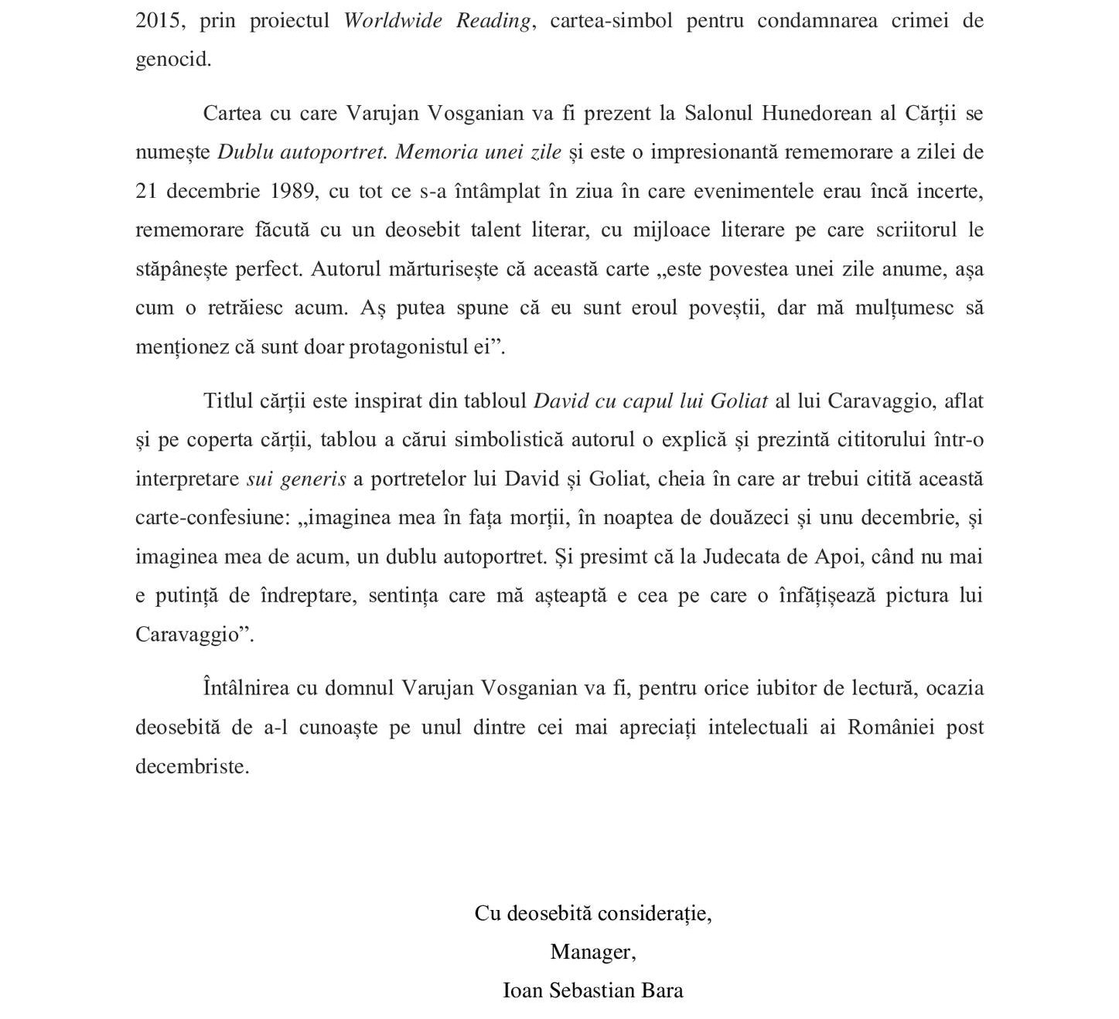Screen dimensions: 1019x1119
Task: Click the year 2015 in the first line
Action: click(161, 21)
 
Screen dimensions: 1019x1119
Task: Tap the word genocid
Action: click(173, 60)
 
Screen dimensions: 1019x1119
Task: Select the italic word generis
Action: click(313, 479)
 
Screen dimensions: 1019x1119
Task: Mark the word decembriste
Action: click(192, 766)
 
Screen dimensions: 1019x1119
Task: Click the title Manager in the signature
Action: click(592, 952)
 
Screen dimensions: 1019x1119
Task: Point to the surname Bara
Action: click(662, 990)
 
